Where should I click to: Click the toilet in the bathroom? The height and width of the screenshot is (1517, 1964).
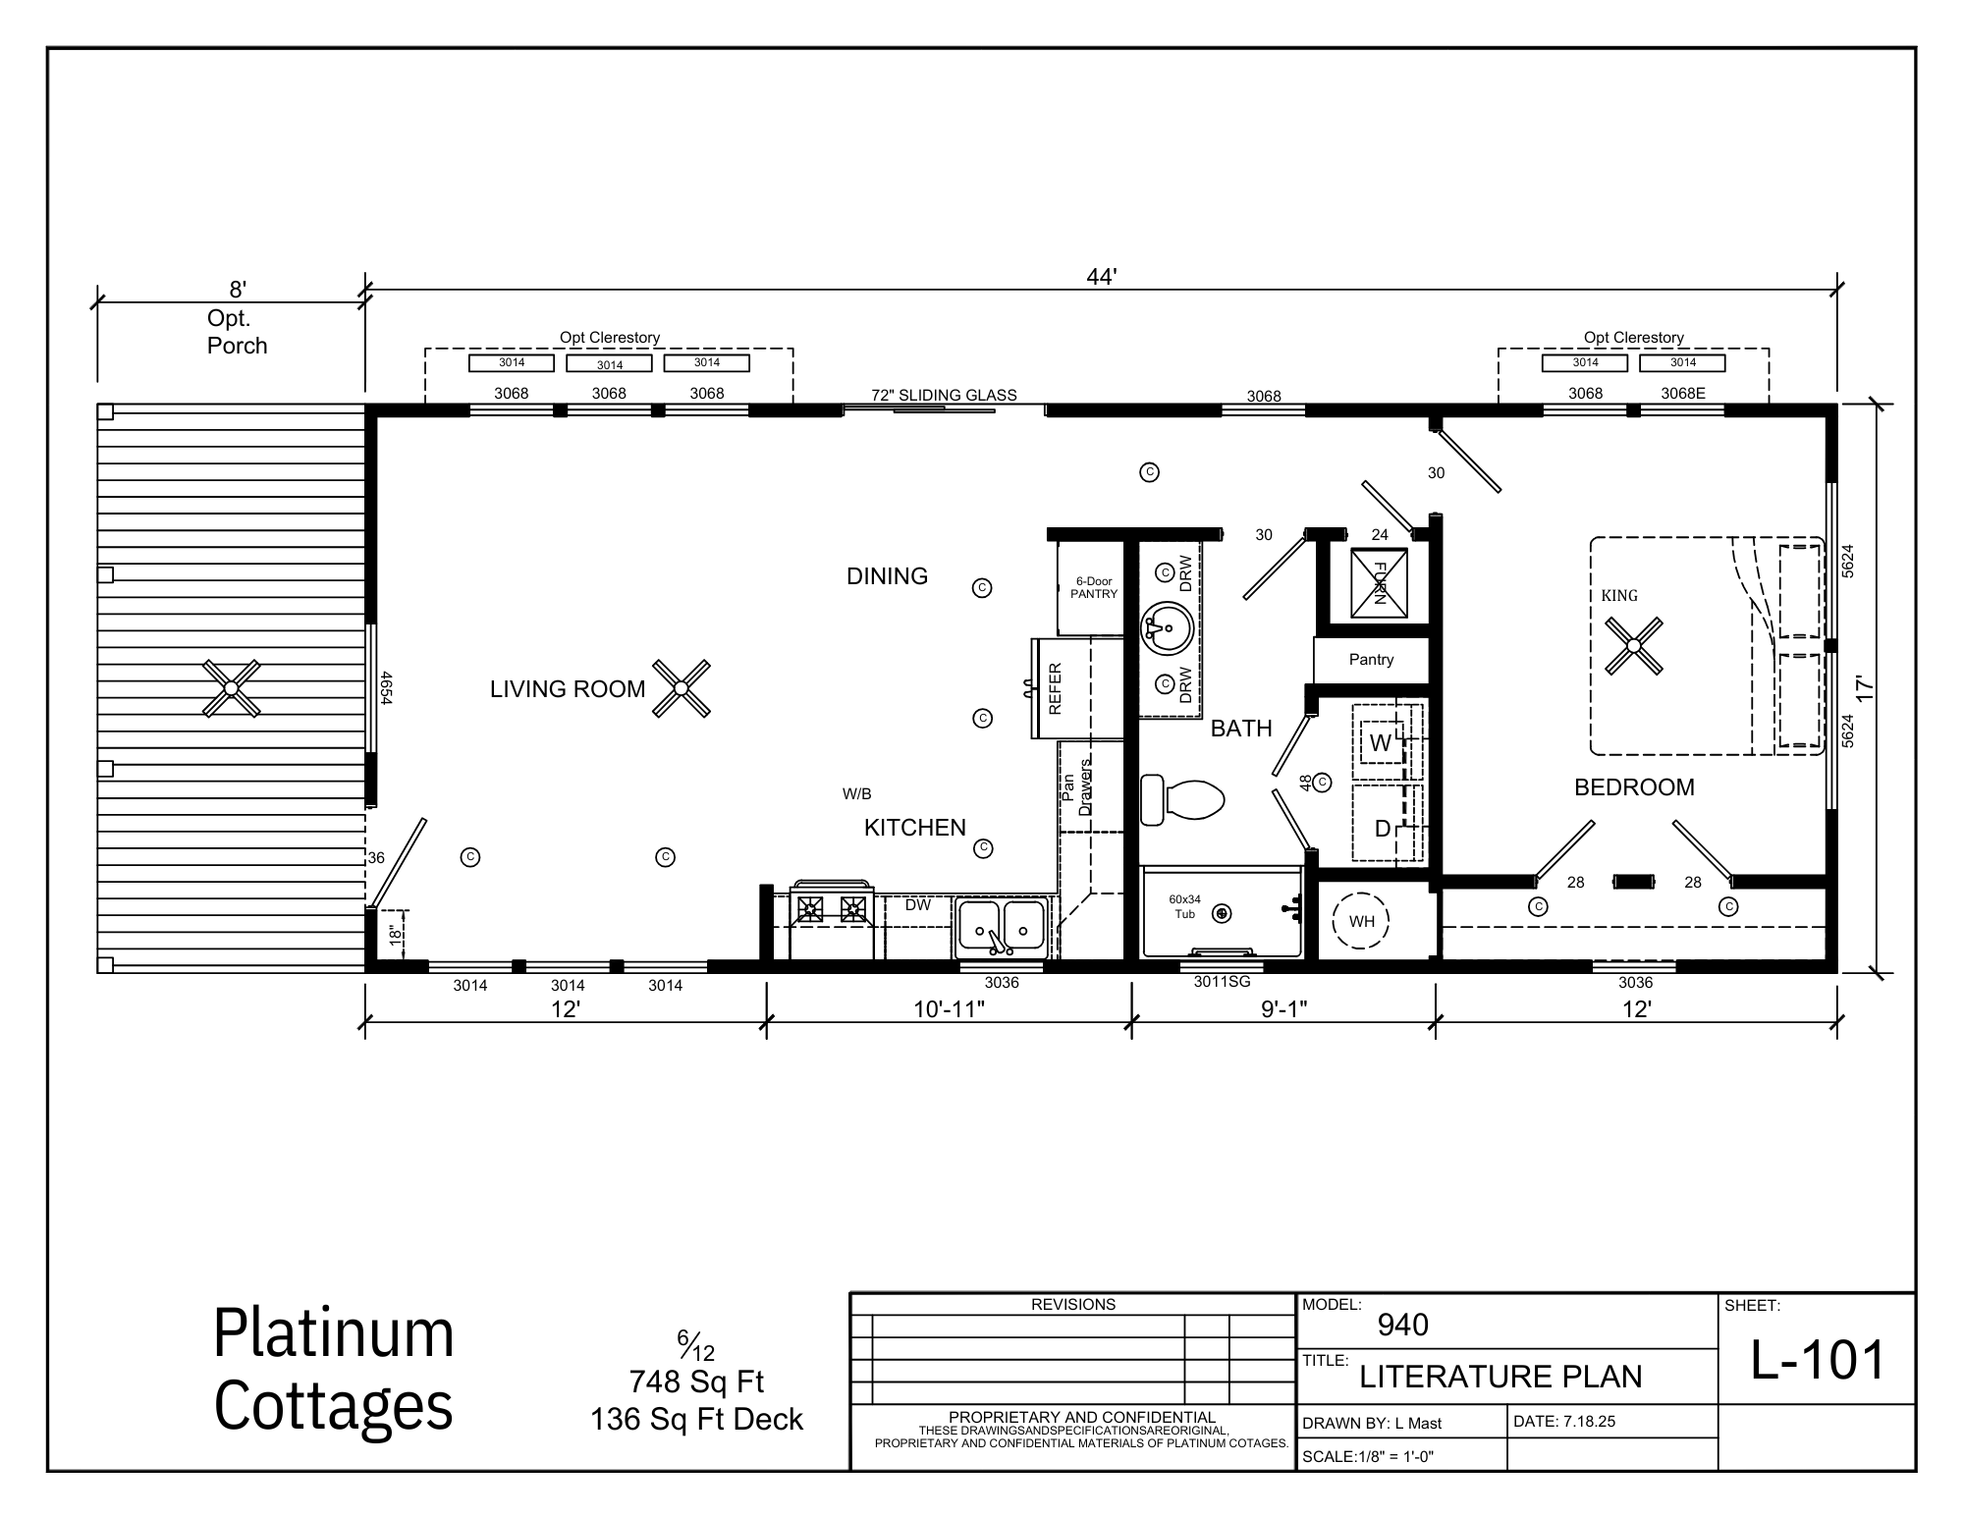[1182, 800]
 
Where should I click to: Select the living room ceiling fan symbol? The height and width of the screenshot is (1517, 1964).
[682, 688]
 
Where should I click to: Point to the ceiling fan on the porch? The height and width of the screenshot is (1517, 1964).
[231, 688]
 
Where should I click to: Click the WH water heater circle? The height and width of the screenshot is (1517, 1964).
[1362, 921]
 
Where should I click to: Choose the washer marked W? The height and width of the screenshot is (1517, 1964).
[1382, 743]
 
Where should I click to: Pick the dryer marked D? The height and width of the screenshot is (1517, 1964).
[1383, 829]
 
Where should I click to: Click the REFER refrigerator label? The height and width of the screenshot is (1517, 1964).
[1056, 689]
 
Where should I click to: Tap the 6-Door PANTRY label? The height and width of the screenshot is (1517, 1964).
[1094, 587]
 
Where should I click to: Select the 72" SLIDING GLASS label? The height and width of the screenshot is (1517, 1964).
[944, 396]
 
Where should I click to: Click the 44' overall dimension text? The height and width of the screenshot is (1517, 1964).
[1102, 278]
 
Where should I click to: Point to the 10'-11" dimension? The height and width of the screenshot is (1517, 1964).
[949, 1009]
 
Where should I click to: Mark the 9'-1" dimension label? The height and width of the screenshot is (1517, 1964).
[1284, 1009]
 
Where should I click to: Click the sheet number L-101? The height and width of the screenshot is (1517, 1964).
[1819, 1361]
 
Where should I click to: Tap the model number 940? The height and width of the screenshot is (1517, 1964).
[1403, 1326]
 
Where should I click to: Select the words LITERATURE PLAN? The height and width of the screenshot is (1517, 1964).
[1500, 1377]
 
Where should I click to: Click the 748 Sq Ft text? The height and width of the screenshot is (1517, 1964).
[696, 1382]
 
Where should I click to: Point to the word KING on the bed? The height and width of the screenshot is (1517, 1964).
[1619, 595]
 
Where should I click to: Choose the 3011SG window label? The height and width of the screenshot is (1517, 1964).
[1222, 981]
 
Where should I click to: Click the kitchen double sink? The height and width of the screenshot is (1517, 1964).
[1002, 925]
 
